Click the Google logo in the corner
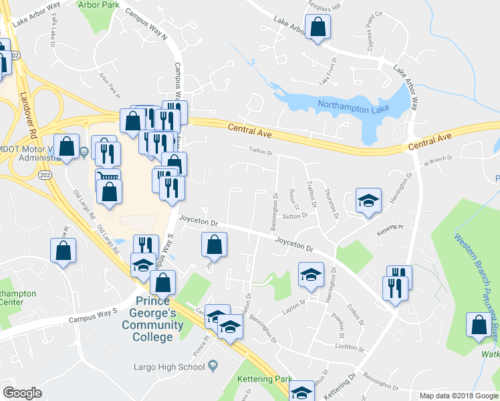(x=22, y=392)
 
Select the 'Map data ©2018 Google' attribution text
(x=458, y=396)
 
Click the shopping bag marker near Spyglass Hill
(x=318, y=27)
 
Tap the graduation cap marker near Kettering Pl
(x=367, y=200)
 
